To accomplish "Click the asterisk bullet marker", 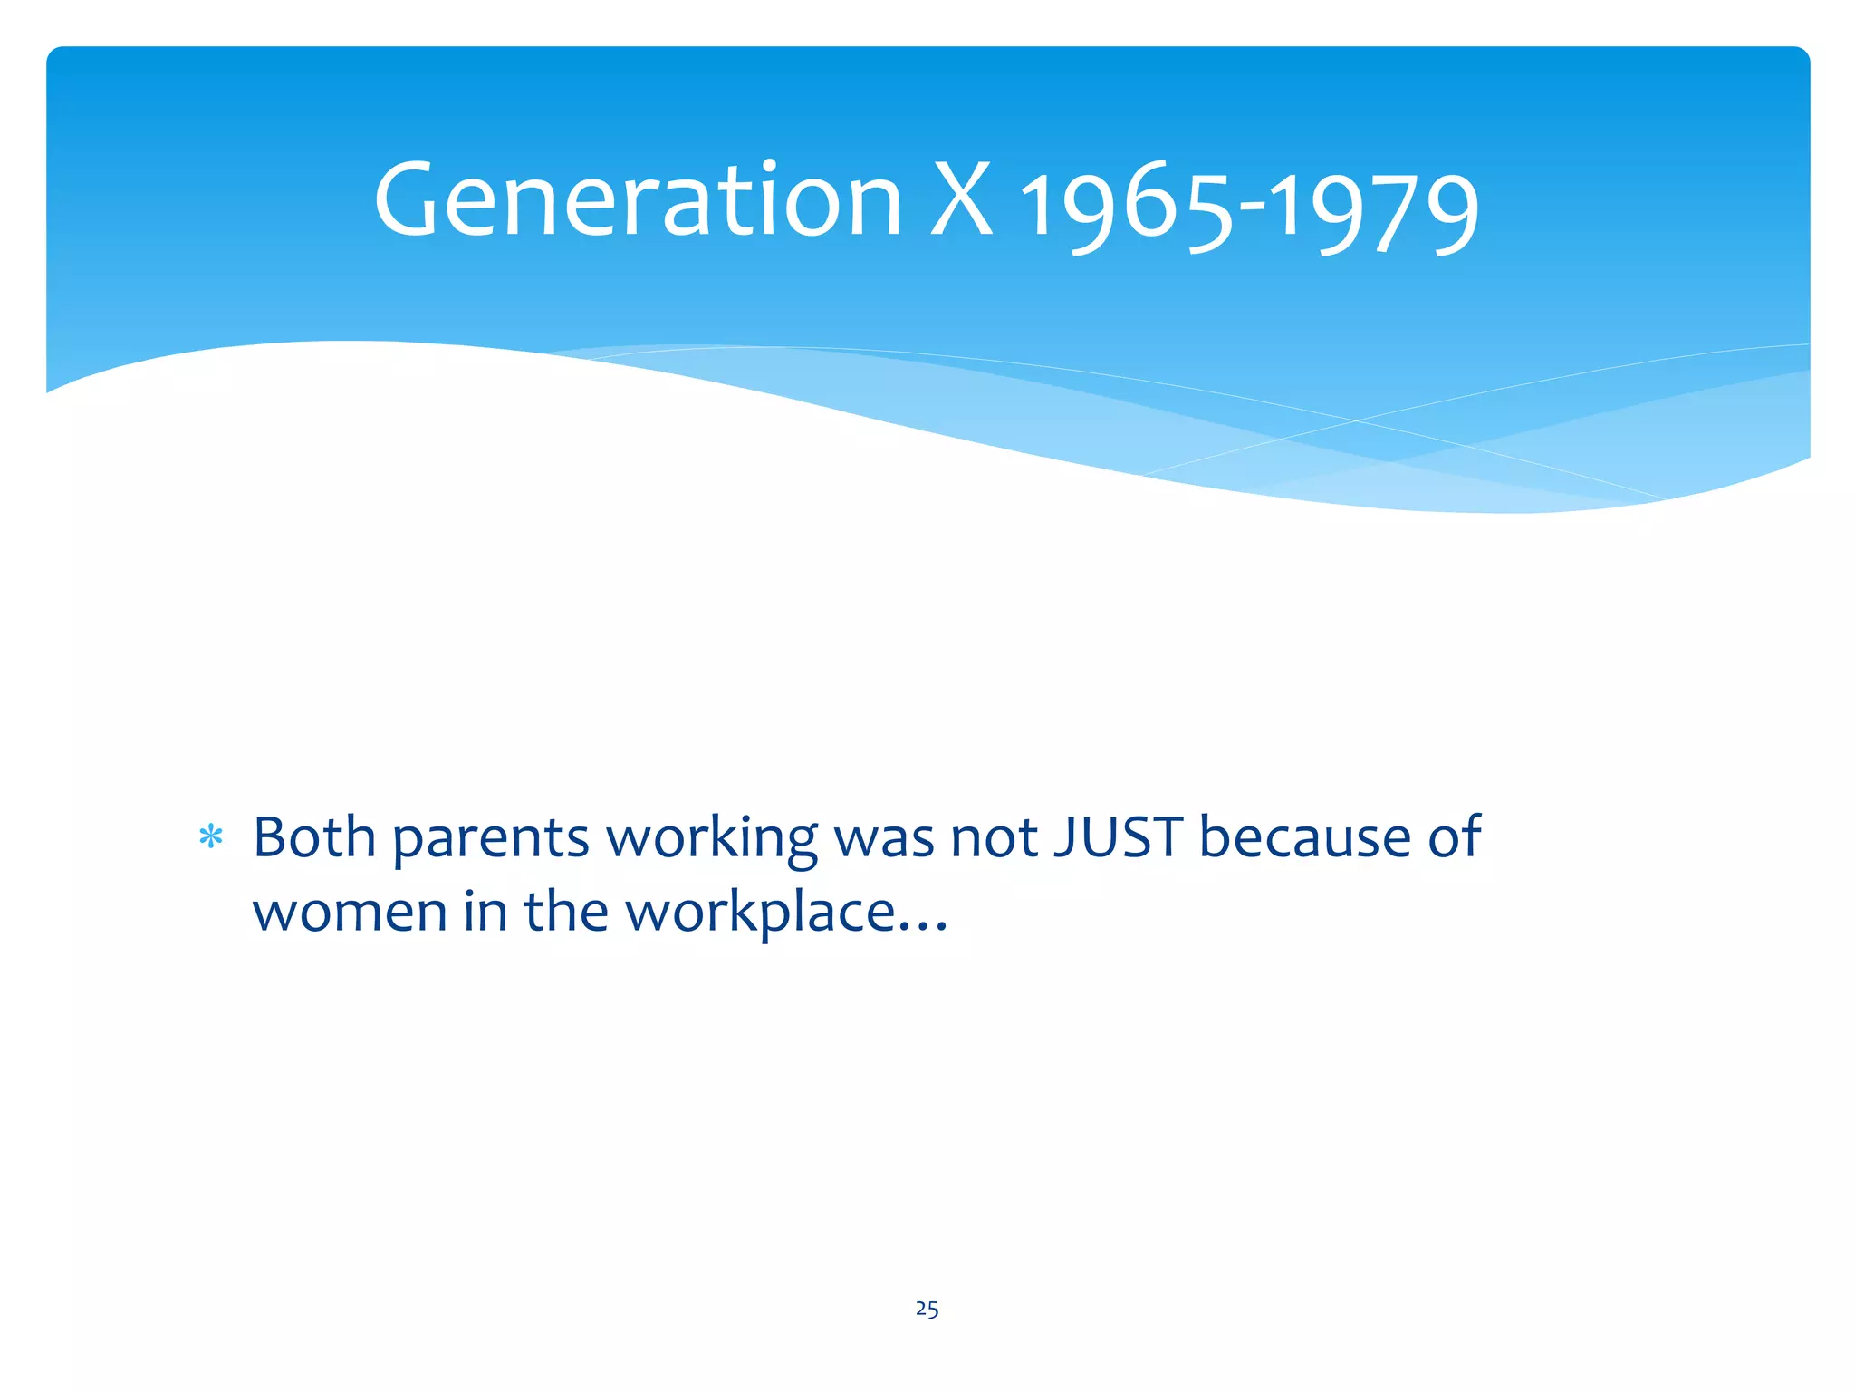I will pos(210,837).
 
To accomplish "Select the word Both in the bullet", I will pos(313,836).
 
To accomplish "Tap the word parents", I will pos(491,838).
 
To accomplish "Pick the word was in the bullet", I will pos(883,838).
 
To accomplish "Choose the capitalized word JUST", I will pos(1118,836).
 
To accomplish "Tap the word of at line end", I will pos(1454,836).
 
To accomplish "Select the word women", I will pos(349,912).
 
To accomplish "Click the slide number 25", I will pos(927,1309).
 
